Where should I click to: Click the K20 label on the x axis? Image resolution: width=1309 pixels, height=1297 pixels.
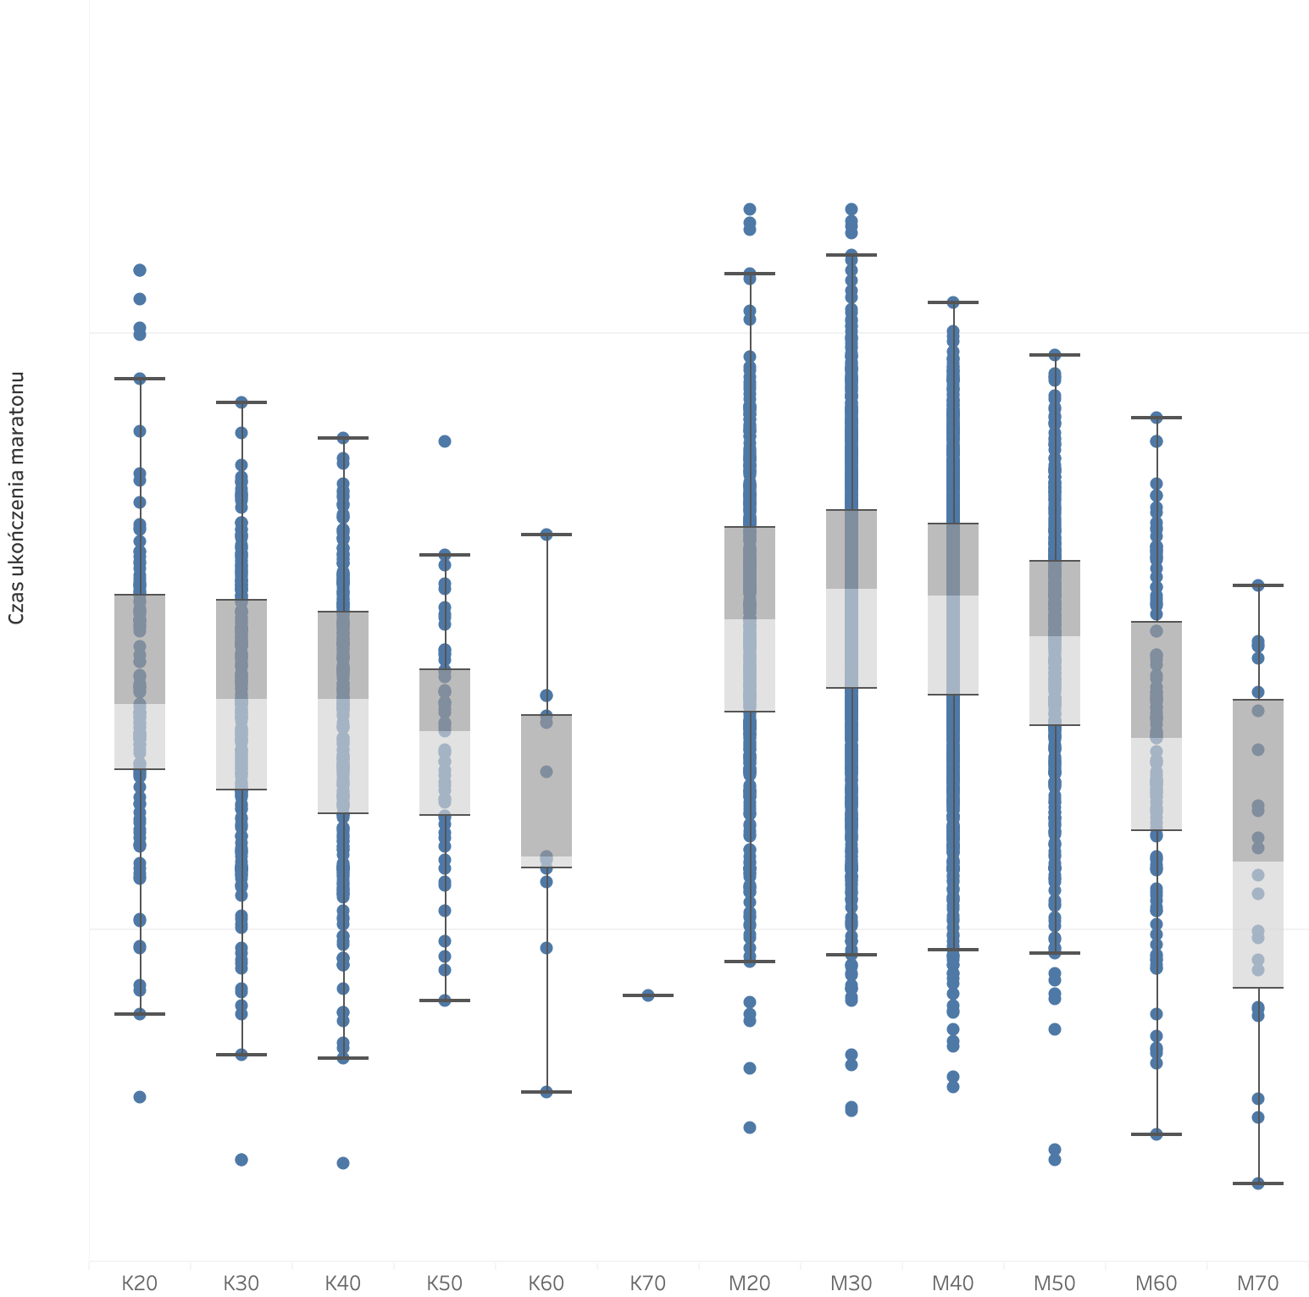(140, 1283)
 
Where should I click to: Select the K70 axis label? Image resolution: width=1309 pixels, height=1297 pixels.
(648, 1283)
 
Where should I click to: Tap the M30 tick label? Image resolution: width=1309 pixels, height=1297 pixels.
(851, 1283)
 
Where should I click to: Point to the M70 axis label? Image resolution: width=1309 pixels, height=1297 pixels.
(1258, 1283)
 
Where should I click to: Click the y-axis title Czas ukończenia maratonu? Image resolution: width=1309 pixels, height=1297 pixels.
(16, 498)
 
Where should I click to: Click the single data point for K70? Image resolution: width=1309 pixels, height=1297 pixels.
(648, 995)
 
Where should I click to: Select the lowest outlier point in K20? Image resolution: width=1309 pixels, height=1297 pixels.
(140, 1097)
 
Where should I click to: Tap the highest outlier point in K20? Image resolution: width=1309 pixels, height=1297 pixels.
(140, 270)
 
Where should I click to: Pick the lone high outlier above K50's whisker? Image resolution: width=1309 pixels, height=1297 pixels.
(445, 441)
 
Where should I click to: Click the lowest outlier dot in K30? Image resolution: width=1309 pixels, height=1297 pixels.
(241, 1160)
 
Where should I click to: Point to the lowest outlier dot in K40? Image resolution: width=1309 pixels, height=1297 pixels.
(343, 1163)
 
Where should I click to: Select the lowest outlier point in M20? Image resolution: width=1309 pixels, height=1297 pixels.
(750, 1128)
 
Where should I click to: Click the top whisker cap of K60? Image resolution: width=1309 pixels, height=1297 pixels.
(546, 535)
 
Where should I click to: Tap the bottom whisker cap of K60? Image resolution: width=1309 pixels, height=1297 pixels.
(546, 1092)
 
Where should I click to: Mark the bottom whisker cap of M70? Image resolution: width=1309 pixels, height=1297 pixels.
(1258, 1183)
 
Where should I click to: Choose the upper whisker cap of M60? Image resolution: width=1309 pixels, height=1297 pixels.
(1156, 418)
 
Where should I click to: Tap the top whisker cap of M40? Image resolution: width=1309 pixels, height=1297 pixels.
(953, 302)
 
